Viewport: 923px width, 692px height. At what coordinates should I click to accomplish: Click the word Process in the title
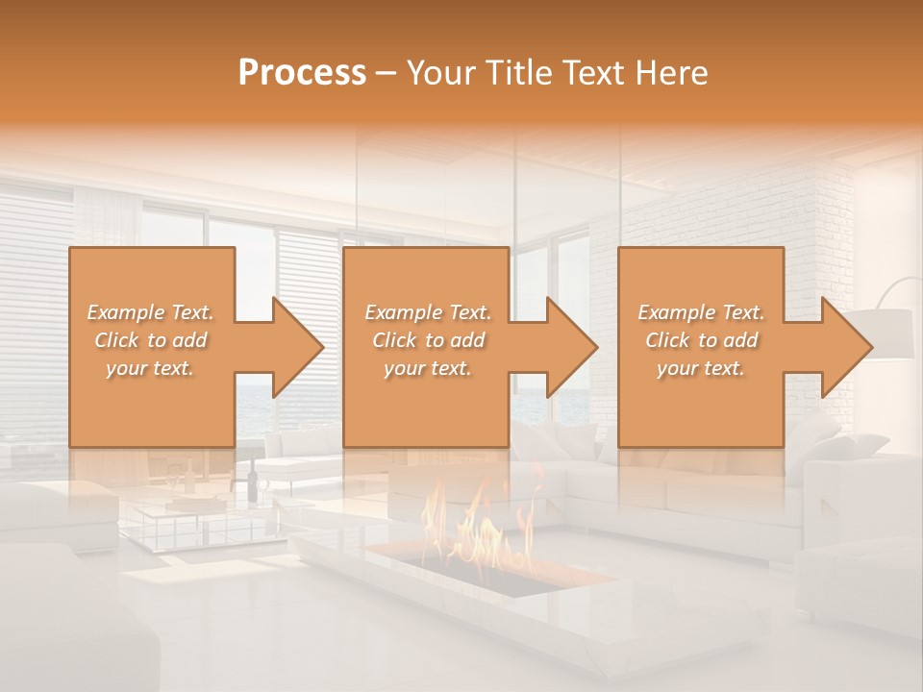click(302, 73)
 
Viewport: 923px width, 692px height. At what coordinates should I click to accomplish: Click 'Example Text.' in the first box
click(150, 312)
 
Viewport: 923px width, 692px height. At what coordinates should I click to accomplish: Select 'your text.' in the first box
click(150, 368)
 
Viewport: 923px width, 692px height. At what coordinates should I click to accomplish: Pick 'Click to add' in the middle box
click(428, 340)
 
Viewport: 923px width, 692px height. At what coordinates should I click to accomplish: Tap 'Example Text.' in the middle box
click(428, 312)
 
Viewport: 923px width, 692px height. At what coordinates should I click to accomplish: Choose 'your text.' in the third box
click(701, 368)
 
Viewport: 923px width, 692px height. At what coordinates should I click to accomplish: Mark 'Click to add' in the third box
click(701, 340)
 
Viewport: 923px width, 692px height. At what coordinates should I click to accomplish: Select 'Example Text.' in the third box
click(701, 312)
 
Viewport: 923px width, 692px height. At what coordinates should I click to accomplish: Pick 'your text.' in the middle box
click(428, 368)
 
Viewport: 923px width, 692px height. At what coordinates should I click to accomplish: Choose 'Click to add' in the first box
click(150, 340)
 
